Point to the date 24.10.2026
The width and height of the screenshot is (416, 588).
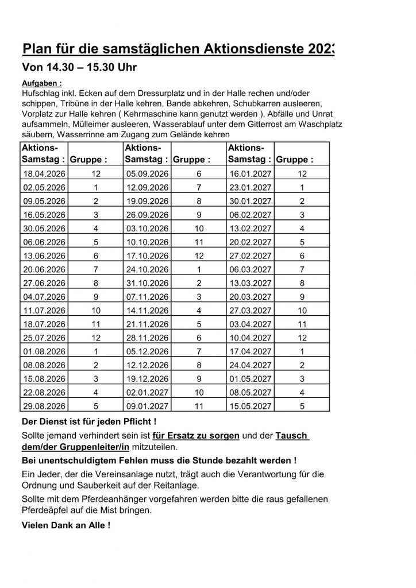[147, 269]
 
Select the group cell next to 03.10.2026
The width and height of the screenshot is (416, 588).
[199, 228]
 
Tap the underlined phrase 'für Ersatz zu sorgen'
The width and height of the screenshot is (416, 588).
[196, 436]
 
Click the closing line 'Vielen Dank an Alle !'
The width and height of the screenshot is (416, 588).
[66, 525]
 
